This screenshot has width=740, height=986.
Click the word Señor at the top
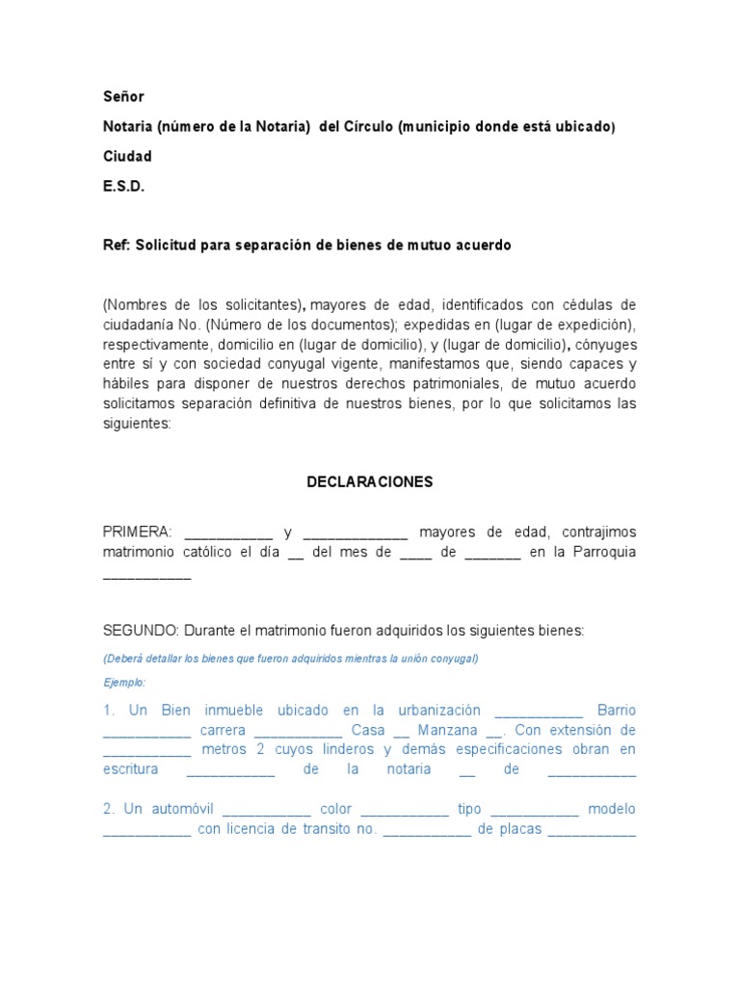click(123, 96)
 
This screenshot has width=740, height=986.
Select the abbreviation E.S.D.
click(123, 187)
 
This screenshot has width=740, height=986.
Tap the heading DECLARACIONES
click(370, 481)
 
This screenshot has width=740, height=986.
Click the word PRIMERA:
click(137, 532)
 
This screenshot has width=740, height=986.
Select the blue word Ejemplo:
click(124, 682)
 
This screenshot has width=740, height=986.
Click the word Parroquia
click(604, 553)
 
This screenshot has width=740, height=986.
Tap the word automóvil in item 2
click(184, 809)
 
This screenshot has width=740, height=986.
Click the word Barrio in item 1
click(617, 710)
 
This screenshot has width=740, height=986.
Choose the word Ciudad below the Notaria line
click(127, 157)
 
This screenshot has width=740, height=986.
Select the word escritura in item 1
click(130, 769)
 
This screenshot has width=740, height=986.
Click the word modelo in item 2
click(612, 809)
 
